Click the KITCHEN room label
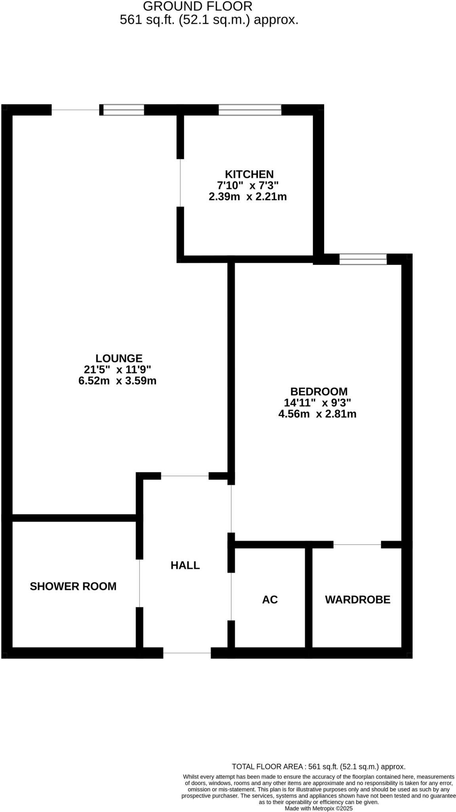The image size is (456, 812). point(249,174)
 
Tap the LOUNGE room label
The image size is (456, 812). point(119,358)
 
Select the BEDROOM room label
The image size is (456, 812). point(319,392)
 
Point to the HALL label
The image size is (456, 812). point(185,565)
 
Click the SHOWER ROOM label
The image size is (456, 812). point(73,586)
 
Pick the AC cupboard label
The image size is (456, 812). point(270,599)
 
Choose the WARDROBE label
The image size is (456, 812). point(357,599)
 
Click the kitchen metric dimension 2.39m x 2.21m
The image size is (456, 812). point(248,197)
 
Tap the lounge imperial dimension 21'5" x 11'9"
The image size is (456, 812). point(118,370)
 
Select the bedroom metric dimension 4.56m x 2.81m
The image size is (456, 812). point(317,414)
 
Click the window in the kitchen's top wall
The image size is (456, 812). point(250,110)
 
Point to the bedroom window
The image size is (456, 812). point(363,259)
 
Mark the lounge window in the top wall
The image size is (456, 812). point(124,110)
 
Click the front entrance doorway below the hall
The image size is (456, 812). point(187,653)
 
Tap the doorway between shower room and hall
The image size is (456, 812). point(139,583)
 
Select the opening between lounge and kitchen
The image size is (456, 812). point(180,183)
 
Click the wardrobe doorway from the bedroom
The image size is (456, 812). point(357,545)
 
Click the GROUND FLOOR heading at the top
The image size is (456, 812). point(197,6)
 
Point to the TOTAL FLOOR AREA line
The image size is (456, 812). point(319,767)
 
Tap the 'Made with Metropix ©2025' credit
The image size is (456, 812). point(319,808)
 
